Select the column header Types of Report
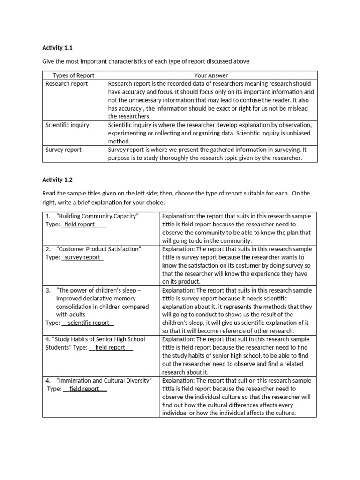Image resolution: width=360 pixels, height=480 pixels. coord(74,75)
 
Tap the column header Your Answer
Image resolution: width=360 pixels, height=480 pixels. coord(211,75)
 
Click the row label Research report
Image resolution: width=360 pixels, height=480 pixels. coord(67,84)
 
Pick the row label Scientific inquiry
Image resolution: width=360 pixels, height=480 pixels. coord(67,125)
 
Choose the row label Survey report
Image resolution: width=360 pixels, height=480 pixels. coord(63,150)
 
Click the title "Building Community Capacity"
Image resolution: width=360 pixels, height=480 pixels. coord(97,216)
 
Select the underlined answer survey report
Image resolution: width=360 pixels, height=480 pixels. coord(82,257)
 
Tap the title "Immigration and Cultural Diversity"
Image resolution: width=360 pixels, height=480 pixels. coord(104,381)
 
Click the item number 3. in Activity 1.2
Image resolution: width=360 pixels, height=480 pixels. coord(48,290)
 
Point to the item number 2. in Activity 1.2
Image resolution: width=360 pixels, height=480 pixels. coord(48,249)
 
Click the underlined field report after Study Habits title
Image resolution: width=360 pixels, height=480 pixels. coord(110,348)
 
